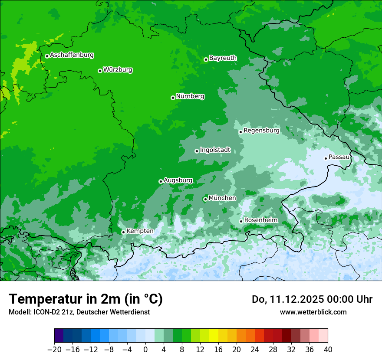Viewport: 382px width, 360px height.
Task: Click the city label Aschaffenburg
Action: (72, 55)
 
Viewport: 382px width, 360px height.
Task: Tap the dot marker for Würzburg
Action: (100, 71)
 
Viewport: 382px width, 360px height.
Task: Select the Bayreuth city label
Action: (223, 58)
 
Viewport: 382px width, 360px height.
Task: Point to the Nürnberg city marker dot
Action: (173, 98)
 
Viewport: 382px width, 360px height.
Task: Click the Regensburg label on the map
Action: (261, 131)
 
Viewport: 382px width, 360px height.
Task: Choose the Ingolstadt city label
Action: (215, 150)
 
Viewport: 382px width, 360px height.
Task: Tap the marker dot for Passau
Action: (326, 158)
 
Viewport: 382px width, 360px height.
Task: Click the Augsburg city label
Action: (178, 180)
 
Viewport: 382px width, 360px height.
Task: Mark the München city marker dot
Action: (205, 200)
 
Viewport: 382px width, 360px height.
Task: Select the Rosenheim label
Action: (260, 220)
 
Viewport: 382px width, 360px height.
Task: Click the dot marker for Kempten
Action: (123, 232)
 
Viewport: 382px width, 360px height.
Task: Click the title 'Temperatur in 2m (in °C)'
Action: (86, 299)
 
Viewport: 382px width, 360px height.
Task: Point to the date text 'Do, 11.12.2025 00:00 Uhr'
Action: (312, 299)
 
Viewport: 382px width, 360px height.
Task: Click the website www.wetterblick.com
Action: (313, 312)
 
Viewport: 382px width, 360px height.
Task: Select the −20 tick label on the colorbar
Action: (54, 350)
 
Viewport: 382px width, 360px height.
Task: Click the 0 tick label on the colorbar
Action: (145, 350)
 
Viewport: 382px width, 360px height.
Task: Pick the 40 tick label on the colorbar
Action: (328, 350)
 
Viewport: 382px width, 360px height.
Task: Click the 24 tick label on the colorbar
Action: (255, 350)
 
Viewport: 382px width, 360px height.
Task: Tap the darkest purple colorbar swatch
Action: (59, 336)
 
